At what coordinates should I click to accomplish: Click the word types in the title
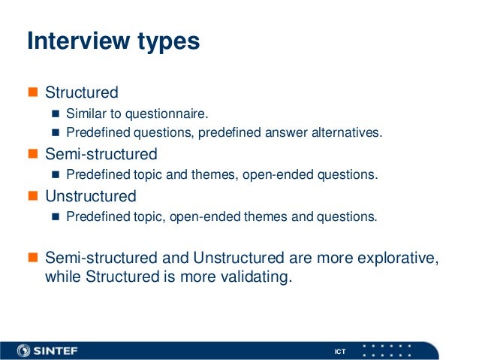click(x=168, y=42)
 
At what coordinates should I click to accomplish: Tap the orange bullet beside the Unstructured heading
click(x=32, y=197)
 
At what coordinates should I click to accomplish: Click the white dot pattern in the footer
click(x=387, y=350)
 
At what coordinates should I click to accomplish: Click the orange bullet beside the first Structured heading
click(x=32, y=93)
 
